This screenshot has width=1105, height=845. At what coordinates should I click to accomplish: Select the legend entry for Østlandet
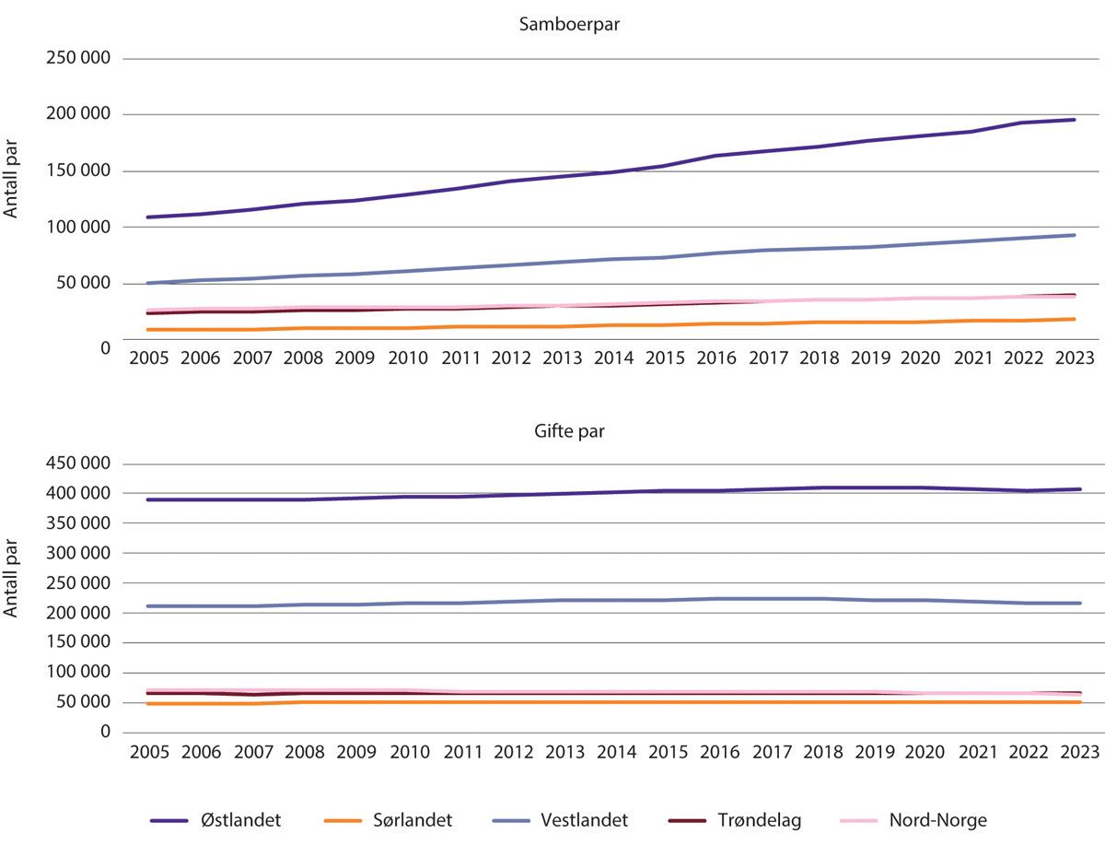(217, 819)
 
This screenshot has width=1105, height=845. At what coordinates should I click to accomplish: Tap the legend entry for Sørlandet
(389, 819)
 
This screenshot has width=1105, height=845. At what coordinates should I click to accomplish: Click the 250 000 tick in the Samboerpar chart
(77, 58)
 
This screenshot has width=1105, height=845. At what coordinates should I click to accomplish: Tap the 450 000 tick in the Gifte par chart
(77, 464)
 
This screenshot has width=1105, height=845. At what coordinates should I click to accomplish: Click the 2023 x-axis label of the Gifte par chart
(1076, 752)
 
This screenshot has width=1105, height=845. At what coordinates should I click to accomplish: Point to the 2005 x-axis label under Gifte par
(148, 752)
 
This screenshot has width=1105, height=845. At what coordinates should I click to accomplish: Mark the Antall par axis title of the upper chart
(12, 186)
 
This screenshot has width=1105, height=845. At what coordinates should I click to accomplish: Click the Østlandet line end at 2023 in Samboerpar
(1075, 120)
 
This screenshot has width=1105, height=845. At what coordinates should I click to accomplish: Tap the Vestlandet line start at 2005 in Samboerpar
(149, 283)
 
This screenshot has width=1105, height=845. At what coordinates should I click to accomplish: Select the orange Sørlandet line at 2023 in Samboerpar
(1075, 319)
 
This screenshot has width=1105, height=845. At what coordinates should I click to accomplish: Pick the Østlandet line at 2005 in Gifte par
(149, 499)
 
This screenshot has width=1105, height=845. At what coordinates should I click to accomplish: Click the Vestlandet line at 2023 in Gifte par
(1075, 604)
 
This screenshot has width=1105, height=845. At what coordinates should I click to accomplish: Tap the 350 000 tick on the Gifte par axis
(77, 523)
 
